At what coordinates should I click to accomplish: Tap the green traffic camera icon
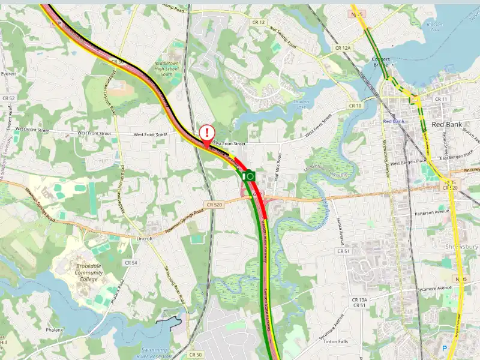click(249, 176)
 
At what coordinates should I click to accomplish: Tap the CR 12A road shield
click(343, 47)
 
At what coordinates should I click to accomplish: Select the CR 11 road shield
click(441, 99)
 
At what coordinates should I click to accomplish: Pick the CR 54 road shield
click(130, 263)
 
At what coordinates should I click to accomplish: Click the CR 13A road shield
click(359, 299)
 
